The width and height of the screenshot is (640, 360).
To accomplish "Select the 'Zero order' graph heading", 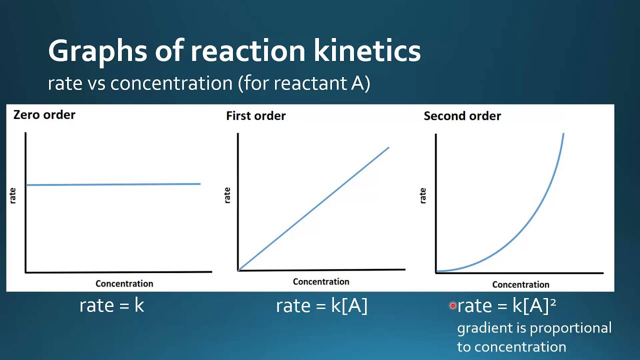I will tap(44, 114).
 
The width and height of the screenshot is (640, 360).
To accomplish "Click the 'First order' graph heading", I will tap(255, 116).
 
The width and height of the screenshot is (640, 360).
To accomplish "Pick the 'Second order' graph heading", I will tap(462, 116).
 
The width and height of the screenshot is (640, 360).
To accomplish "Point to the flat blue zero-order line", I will tap(113, 184).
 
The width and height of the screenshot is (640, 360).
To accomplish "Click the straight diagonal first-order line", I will tap(313, 209).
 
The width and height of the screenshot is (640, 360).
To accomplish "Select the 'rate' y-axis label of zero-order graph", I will tap(13, 195).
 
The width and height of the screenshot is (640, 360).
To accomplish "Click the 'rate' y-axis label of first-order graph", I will tap(227, 195).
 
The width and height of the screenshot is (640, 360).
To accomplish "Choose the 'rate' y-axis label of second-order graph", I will tap(423, 195).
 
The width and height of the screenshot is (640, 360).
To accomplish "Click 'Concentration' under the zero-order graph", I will tap(124, 283).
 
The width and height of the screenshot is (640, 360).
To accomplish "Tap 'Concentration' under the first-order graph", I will tap(321, 281).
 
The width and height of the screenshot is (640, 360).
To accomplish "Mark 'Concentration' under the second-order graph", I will tap(520, 284).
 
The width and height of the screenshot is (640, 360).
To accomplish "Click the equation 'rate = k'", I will tap(111, 305).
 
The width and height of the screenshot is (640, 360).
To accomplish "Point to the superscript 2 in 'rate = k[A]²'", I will tap(552, 301).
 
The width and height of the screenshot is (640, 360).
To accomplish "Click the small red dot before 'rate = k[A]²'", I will tap(452, 305).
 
